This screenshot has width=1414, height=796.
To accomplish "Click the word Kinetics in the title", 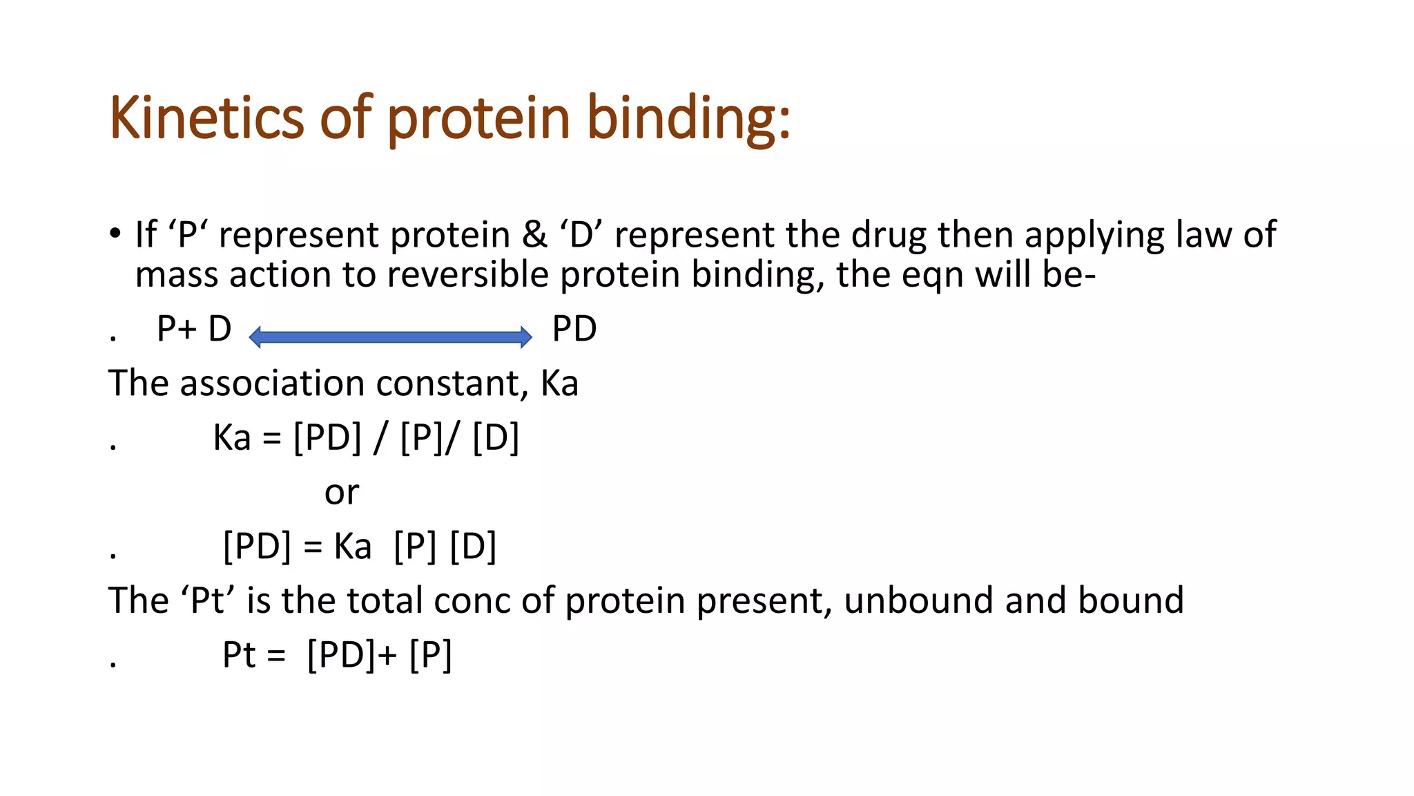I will coord(206,117).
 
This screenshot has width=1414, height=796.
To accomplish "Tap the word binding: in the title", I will coord(688,117).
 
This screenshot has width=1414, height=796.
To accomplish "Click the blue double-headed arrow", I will coord(390,337).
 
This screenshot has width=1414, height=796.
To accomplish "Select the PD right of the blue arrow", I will coord(574,329).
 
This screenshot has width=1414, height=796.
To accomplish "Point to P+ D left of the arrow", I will coord(194,329).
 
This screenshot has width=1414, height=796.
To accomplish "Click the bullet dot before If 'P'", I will coord(115,233).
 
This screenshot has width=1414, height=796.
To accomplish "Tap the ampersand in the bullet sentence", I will coord(534,235).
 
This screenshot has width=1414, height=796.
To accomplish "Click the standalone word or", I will coord(342,493).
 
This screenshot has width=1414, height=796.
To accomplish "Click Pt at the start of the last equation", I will coord(239,654).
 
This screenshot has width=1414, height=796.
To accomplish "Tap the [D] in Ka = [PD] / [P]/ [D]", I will coord(495,438).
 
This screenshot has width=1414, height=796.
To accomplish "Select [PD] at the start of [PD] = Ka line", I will coord(257,547).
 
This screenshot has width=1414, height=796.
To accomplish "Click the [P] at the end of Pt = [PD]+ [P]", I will coord(430,654).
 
